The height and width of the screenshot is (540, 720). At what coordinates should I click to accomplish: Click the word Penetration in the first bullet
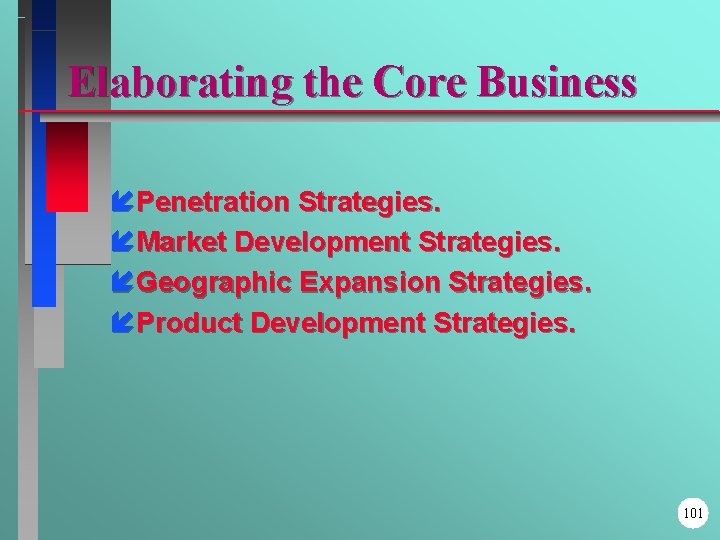coord(213,203)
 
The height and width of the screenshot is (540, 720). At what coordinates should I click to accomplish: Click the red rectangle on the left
coord(67,166)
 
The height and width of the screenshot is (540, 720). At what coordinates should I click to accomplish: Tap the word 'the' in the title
coord(319,81)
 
